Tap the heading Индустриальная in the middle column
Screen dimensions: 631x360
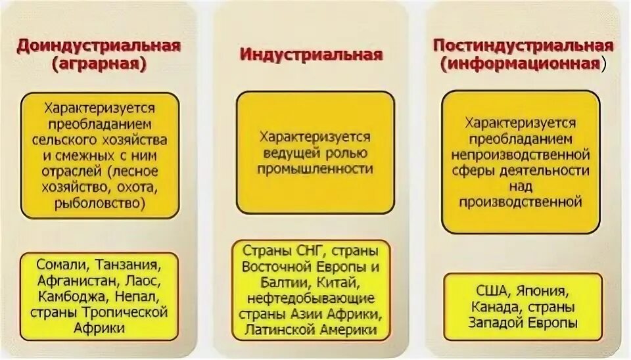click(311, 55)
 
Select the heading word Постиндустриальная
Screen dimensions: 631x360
click(523, 46)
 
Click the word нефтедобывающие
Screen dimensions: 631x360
click(311, 298)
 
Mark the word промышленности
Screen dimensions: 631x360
click(315, 169)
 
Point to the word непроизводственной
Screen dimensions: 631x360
click(519, 154)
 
